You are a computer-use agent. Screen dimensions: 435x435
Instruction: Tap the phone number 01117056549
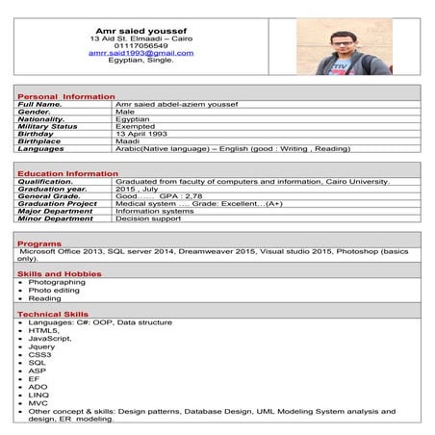141,44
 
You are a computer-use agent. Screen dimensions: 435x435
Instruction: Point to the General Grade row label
54,196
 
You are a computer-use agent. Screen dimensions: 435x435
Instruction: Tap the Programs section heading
39,244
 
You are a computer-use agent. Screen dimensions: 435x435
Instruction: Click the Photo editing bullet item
55,290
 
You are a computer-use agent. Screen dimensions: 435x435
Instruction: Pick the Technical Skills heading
52,315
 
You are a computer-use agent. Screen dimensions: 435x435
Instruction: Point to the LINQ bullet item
39,395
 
